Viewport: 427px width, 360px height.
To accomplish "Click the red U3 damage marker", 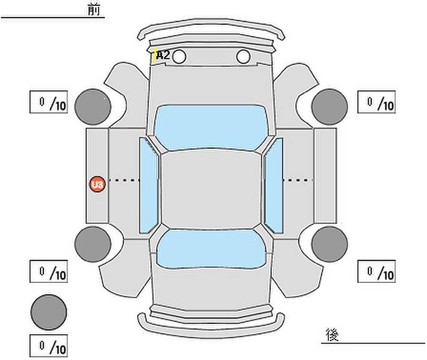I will coord(97,184).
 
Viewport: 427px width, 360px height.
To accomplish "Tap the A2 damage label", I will coord(163,55).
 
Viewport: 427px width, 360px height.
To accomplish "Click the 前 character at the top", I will coord(95,10).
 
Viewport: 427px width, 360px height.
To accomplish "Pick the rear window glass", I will coord(211,247).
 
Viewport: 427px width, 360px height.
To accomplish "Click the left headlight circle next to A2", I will coord(180,57).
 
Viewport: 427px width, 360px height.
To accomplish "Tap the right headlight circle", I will coord(243,57).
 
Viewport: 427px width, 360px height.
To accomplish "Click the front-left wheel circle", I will coord(93,106).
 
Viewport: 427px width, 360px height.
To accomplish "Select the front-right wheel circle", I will coord(330,106).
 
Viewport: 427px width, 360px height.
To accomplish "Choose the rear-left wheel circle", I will coord(93,244).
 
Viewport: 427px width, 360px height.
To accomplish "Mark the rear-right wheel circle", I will coord(330,244).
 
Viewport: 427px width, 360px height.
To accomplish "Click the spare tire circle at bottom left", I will coord(49,311).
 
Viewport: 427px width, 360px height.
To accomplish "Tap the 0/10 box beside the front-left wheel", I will coord(48,103).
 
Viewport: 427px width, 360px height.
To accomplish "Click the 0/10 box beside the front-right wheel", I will coord(376,103).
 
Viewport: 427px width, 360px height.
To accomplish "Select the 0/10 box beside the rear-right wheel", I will coord(376,272).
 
